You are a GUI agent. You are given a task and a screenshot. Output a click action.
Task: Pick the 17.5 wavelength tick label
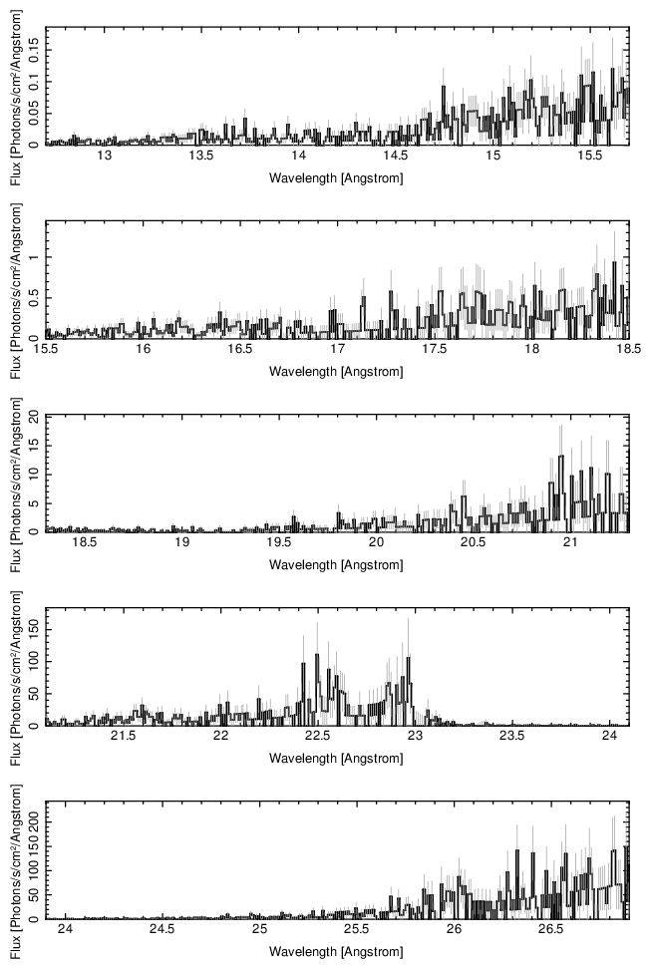pos(435,350)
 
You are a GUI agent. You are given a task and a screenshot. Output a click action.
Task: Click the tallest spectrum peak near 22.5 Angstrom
pos(317,655)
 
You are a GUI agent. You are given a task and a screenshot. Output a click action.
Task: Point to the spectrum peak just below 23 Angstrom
pos(409,658)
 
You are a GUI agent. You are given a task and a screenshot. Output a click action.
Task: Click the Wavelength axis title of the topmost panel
pos(336,178)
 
